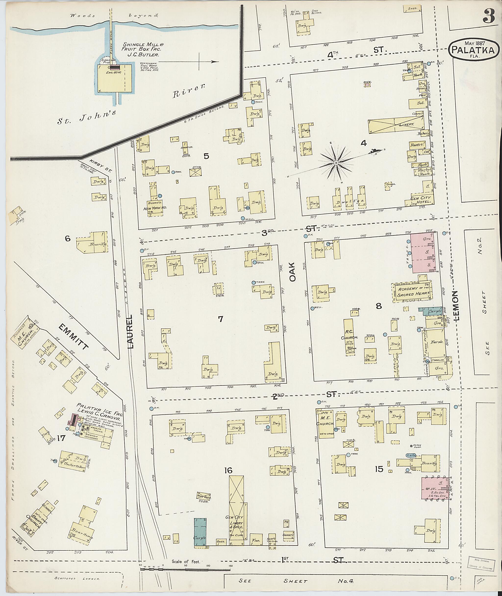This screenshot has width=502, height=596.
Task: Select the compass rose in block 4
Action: (336, 162)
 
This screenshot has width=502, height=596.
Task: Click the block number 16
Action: (228, 470)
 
